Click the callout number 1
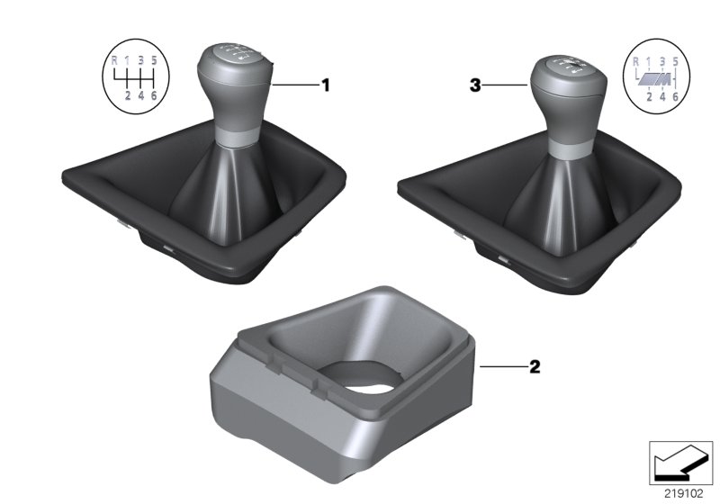326,85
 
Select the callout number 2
535,367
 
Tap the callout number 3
474,86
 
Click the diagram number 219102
683,493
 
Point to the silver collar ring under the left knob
233,136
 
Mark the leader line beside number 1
294,85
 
